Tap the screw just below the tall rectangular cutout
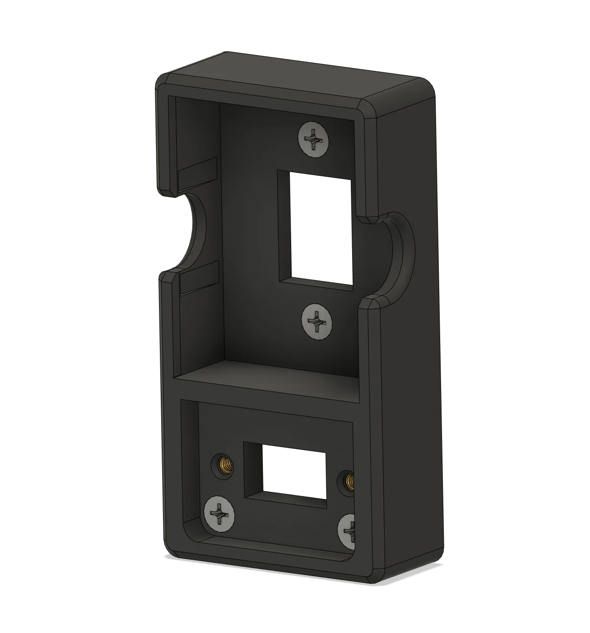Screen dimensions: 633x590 tap(317, 321)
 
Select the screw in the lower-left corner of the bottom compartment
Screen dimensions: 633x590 tap(220, 513)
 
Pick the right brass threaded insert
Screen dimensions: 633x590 tap(349, 480)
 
